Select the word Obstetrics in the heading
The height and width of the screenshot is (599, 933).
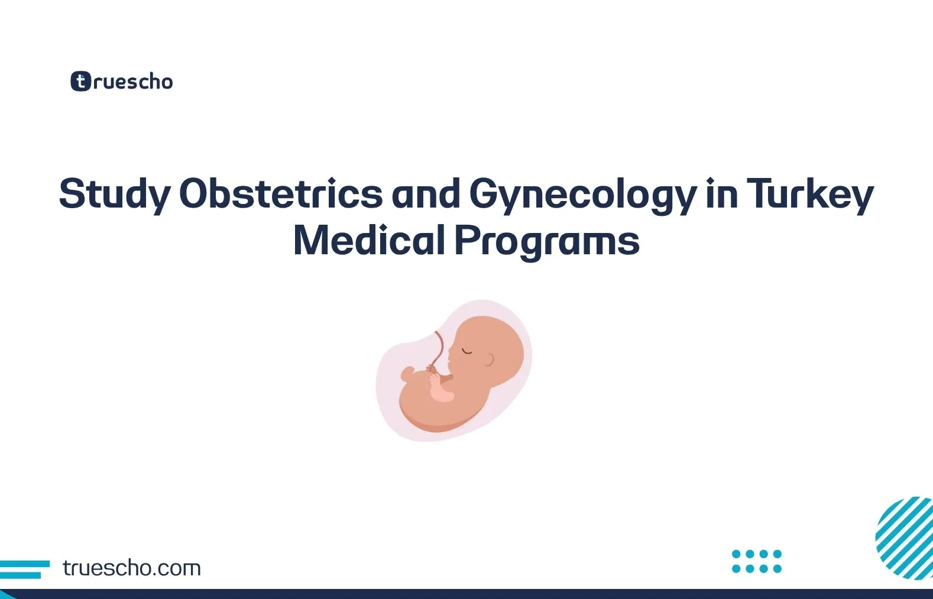(281, 194)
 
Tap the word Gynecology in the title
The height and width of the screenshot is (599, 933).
(582, 194)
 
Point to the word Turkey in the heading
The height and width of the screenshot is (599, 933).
(809, 194)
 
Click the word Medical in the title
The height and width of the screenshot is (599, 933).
(369, 241)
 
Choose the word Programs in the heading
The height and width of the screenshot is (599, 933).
(547, 242)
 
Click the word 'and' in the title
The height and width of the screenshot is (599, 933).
(426, 194)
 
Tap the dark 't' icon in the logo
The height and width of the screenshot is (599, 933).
(81, 82)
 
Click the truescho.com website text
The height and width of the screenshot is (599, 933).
(131, 568)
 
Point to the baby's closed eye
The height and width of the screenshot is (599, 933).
(467, 351)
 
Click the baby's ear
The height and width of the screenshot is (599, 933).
(489, 359)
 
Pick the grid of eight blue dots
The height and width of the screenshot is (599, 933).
(756, 561)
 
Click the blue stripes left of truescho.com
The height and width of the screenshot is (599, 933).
(24, 569)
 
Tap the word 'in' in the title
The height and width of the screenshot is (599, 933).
(721, 194)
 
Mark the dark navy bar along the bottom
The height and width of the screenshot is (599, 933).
(466, 594)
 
